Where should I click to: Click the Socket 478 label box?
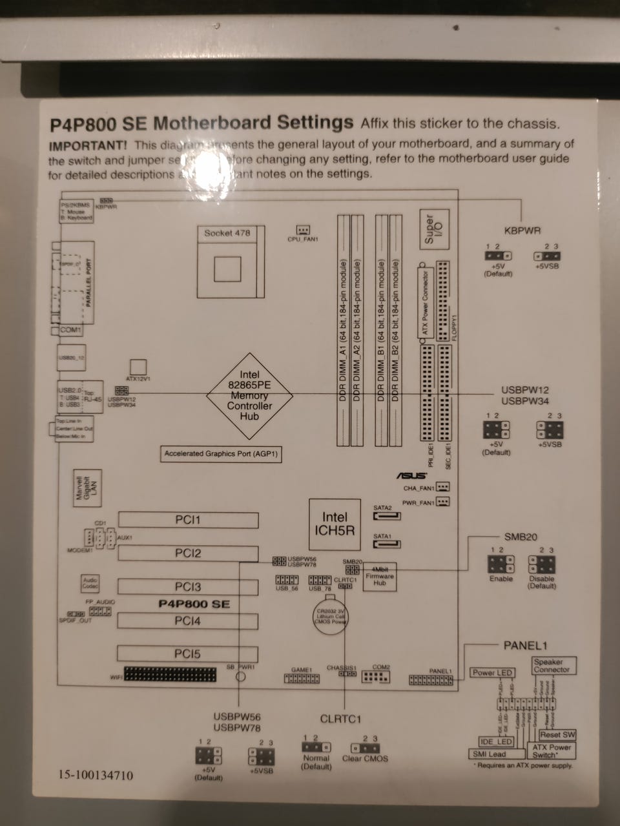pos(227,233)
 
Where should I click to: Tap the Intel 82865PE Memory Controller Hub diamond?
pos(249,395)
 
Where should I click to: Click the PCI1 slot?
pos(188,520)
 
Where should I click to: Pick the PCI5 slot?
pos(187,654)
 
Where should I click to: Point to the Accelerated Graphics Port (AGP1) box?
pos(221,454)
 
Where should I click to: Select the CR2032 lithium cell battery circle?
pos(331,614)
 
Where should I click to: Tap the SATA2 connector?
pos(387,516)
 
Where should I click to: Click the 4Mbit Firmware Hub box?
pos(379,576)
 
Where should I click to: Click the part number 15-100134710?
pos(96,775)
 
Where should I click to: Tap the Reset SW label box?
pos(557,734)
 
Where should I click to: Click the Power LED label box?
pos(492,673)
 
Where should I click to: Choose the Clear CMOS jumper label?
pos(365,758)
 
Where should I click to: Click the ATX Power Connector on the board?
pos(425,303)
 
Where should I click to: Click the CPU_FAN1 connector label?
pos(303,240)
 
